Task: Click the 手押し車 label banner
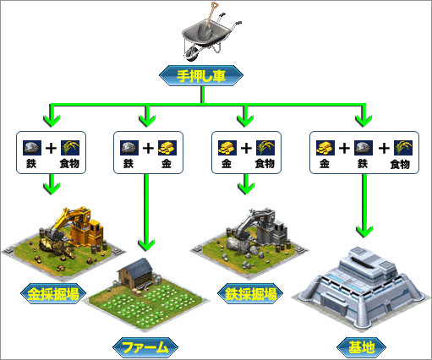click(x=201, y=75)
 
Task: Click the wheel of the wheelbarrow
click(x=191, y=53)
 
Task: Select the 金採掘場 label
click(x=53, y=294)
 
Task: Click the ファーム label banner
click(x=145, y=347)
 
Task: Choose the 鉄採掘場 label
click(x=250, y=294)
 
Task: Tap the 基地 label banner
click(x=362, y=347)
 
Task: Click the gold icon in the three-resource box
click(x=325, y=148)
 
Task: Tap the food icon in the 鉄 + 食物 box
click(x=70, y=148)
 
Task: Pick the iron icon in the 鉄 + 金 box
click(x=129, y=148)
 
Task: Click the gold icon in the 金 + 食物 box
click(x=227, y=148)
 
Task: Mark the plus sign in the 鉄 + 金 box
click(x=148, y=148)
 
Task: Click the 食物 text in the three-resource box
click(x=400, y=164)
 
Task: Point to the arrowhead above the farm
click(x=146, y=244)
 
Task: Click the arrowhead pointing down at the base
click(x=364, y=231)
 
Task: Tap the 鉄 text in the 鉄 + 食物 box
click(x=31, y=163)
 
